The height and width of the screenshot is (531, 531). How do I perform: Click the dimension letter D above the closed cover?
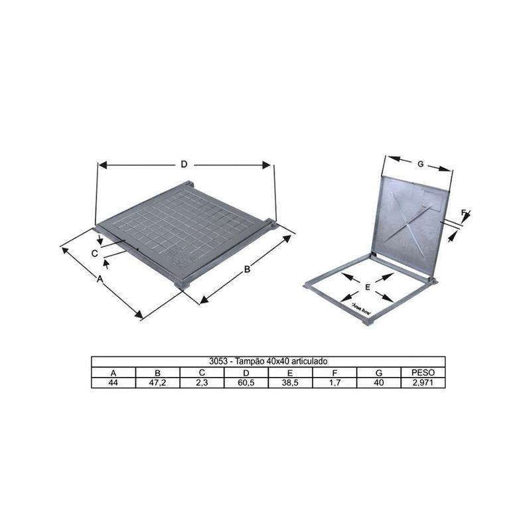coord(185,164)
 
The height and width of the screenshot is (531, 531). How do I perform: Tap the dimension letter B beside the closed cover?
coord(246,269)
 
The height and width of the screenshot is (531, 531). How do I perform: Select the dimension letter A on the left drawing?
coord(100,280)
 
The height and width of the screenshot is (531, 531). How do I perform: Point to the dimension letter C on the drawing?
coord(96,253)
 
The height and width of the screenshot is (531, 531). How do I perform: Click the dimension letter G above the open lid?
coord(420,163)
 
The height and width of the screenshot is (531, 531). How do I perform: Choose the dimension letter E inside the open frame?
coord(367,287)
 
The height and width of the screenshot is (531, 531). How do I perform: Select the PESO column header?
coord(423,372)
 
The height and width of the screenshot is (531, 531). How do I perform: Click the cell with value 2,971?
coord(423,383)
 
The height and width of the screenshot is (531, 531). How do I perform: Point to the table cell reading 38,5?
coord(290,383)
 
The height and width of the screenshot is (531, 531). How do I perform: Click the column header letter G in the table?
coord(378,372)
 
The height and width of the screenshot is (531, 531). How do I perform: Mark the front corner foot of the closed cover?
coord(183,283)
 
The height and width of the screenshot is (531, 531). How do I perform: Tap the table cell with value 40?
coord(378,383)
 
